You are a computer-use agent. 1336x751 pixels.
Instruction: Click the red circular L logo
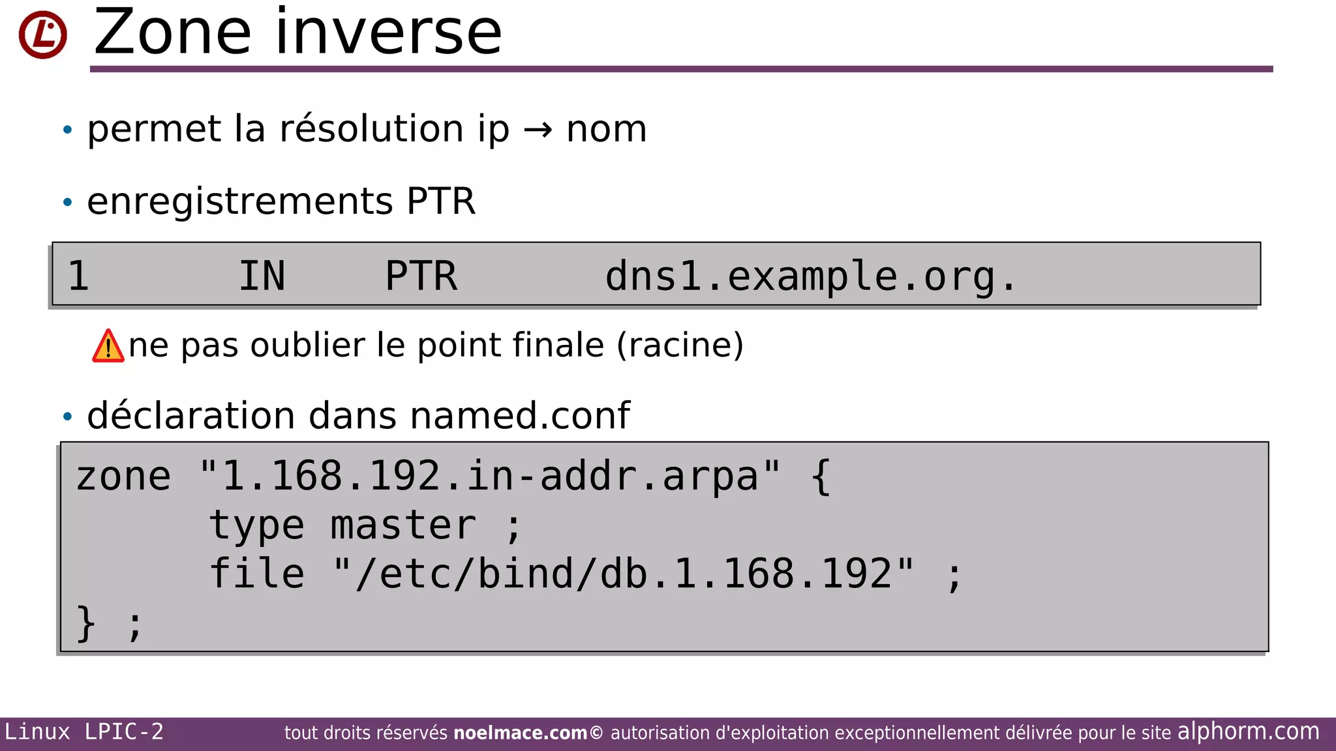[x=42, y=35]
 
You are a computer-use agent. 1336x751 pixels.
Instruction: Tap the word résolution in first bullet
[x=371, y=128]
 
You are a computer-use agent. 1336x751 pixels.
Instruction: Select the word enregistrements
[x=239, y=201]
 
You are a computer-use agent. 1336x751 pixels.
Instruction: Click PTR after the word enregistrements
[x=441, y=201]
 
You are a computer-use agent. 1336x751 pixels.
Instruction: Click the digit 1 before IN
[x=78, y=276]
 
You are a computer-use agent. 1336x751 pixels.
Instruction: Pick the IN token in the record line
[x=262, y=276]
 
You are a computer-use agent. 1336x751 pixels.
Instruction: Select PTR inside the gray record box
[x=421, y=276]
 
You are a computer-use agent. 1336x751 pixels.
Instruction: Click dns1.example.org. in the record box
[x=810, y=276]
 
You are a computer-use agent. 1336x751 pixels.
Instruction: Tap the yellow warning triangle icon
[x=108, y=346]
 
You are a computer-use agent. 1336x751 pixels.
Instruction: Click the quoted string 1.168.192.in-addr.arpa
[x=490, y=476]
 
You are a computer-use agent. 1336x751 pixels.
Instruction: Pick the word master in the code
[x=403, y=525]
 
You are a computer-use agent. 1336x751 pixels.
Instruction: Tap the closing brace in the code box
[x=86, y=624]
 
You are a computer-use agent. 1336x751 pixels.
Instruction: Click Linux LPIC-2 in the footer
[x=84, y=732]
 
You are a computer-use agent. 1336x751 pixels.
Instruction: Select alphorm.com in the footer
[x=1248, y=731]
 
